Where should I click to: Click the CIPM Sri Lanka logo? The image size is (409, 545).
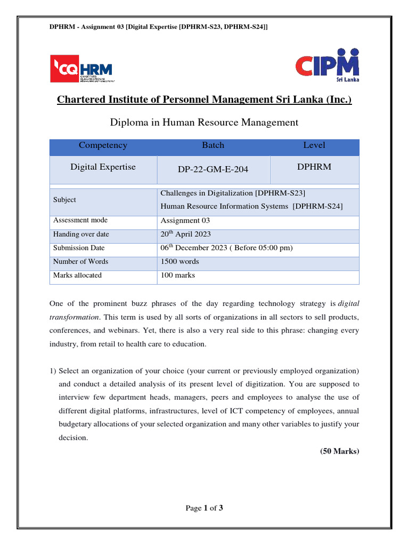click(327, 65)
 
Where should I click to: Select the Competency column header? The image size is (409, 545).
click(103, 145)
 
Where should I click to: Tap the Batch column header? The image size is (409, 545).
click(213, 145)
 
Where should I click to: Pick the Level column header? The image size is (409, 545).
click(314, 145)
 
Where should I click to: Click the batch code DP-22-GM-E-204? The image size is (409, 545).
click(213, 170)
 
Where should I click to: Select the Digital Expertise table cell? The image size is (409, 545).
click(103, 167)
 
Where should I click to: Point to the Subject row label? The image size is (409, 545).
click(64, 200)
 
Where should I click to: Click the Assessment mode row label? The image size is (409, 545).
click(80, 220)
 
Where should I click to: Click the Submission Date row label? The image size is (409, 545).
click(79, 248)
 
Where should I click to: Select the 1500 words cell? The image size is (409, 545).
click(179, 262)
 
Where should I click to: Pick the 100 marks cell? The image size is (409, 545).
click(177, 276)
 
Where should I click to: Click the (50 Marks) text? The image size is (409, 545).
click(339, 451)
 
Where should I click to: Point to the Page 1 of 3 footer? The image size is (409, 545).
click(204, 508)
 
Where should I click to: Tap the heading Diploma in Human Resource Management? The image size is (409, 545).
click(204, 122)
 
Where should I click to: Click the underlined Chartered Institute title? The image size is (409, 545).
click(204, 100)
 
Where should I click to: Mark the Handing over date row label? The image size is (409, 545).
click(81, 234)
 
